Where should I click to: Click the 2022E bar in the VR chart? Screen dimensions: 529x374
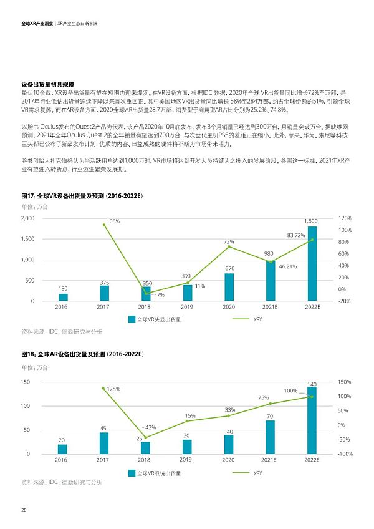pyautogui.click(x=312, y=264)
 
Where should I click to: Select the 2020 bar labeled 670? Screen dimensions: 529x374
pyautogui.click(x=229, y=287)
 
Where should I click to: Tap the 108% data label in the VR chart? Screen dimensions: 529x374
pyautogui.click(x=113, y=221)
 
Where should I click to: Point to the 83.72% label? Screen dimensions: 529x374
pyautogui.click(x=295, y=235)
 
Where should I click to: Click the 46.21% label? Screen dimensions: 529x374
pyautogui.click(x=287, y=266)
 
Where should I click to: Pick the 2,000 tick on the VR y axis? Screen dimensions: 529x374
pyautogui.click(x=27, y=218)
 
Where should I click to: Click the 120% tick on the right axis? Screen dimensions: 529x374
pyautogui.click(x=345, y=218)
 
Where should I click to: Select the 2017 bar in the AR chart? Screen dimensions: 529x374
pyautogui.click(x=103, y=443)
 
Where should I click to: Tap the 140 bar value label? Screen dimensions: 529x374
pyautogui.click(x=312, y=384)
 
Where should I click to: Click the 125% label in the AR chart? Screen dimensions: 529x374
pyautogui.click(x=113, y=389)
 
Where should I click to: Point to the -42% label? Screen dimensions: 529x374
pyautogui.click(x=149, y=427)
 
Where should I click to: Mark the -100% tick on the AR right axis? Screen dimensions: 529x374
pyautogui.click(x=345, y=454)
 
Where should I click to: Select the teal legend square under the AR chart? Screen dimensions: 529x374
pyautogui.click(x=132, y=473)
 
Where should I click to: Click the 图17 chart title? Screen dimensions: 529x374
pyautogui.click(x=82, y=196)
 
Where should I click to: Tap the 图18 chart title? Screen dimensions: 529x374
pyautogui.click(x=82, y=354)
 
